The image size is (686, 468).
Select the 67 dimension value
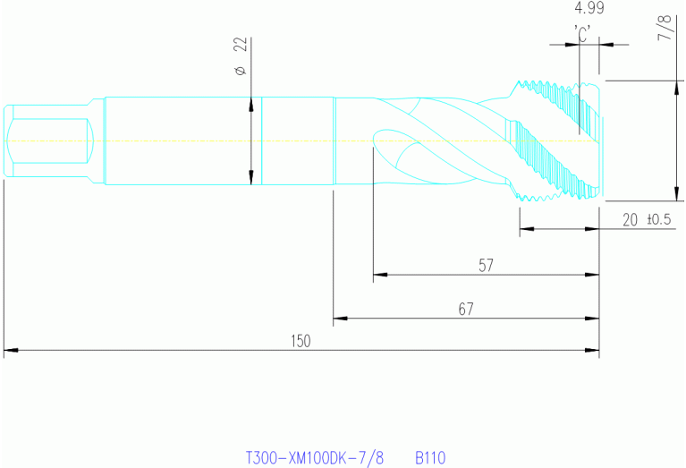pos(465,309)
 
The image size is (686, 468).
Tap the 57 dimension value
pos(486,266)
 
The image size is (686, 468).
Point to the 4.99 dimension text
pos(589,9)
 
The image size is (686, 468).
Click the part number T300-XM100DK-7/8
pos(314,457)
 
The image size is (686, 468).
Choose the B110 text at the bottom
pos(429,457)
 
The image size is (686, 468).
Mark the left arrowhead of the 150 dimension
pos(8,350)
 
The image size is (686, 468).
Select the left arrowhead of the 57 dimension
pos(377,274)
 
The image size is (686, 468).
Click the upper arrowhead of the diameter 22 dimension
pos(250,101)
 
